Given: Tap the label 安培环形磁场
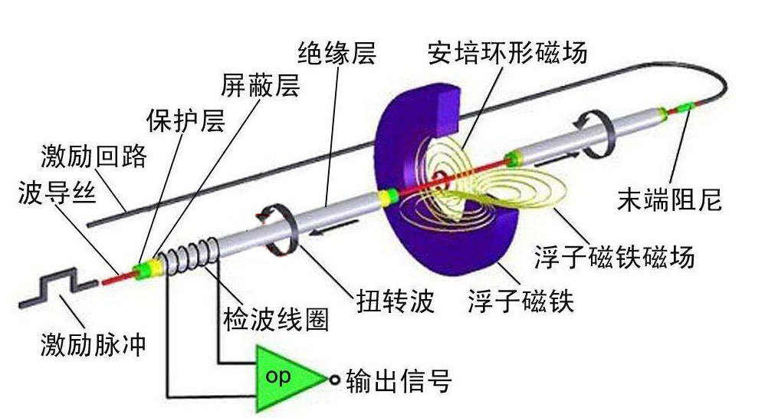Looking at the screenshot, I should coord(507,54).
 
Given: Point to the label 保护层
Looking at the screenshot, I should coord(186,120).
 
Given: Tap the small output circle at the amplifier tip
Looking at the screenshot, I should coord(334,379).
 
